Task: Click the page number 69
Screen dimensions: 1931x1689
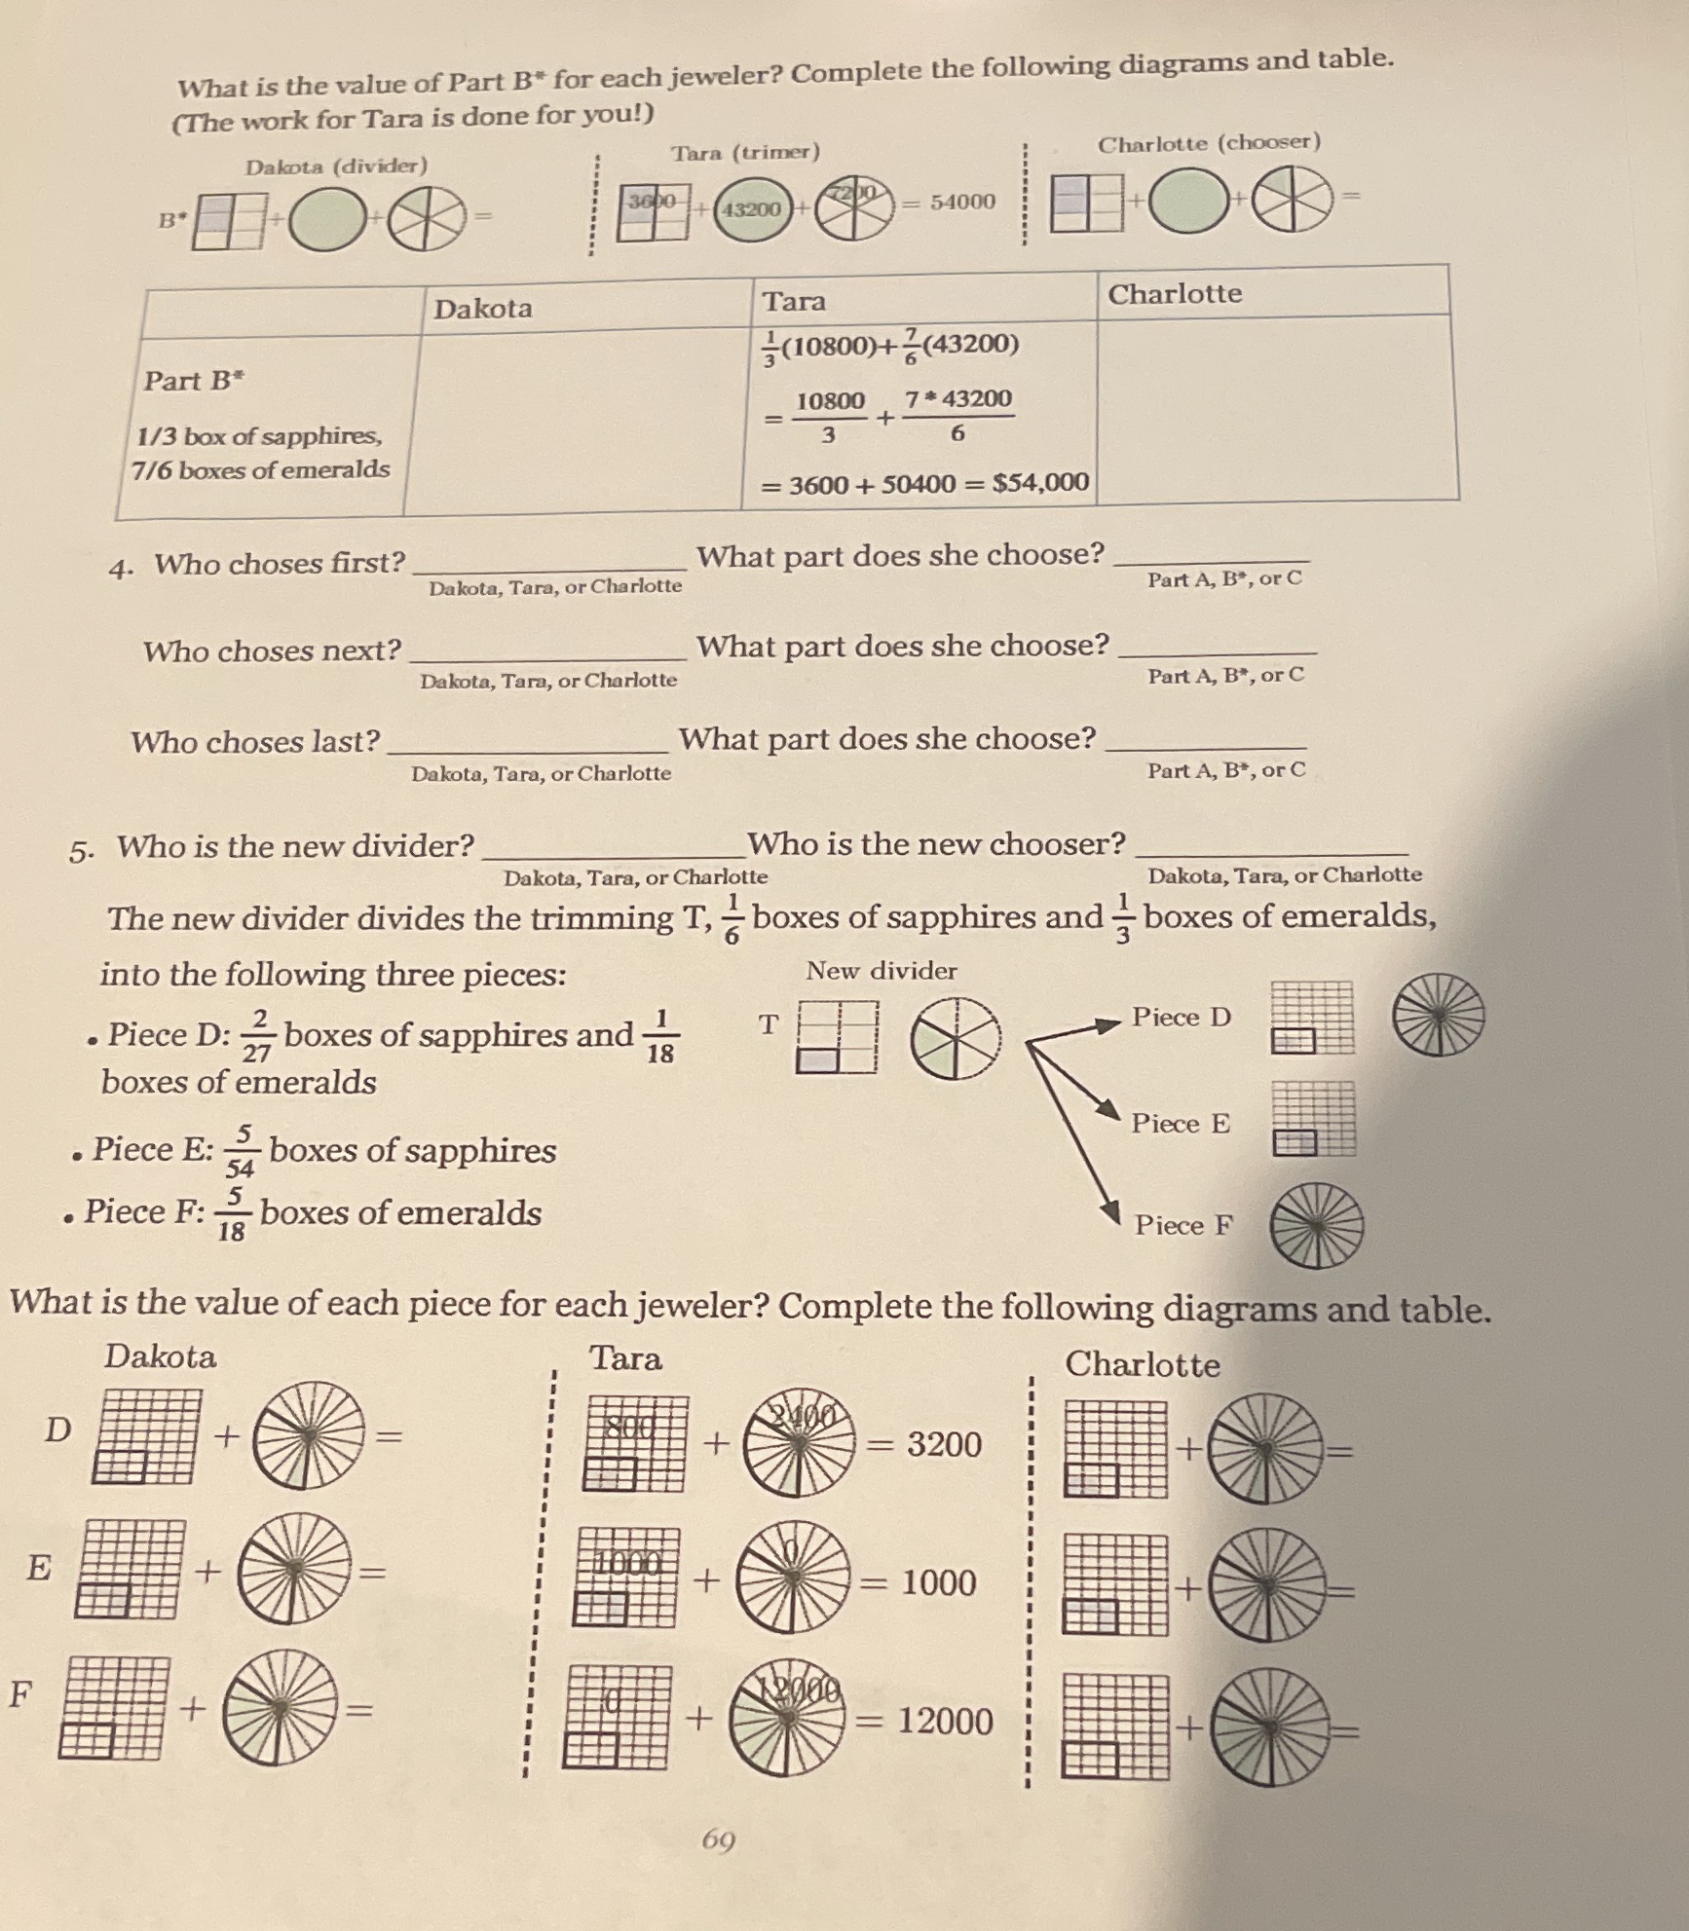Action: tap(719, 1839)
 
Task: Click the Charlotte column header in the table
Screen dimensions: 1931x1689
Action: tap(1175, 293)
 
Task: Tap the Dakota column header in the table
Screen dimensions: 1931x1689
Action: tap(483, 309)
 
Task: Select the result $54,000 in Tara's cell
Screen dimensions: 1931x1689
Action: tap(1040, 482)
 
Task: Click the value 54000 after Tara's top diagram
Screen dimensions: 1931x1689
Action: tap(962, 202)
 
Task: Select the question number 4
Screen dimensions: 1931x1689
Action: tap(120, 569)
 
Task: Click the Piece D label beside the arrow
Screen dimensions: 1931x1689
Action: tap(1181, 1017)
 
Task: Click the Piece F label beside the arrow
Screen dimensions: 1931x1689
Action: tap(1182, 1224)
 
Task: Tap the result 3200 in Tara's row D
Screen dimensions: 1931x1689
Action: tap(943, 1444)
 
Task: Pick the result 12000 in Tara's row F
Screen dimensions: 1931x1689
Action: tap(944, 1721)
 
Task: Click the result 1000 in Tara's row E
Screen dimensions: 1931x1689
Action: tap(938, 1582)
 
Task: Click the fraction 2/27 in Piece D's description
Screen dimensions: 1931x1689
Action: tap(257, 1035)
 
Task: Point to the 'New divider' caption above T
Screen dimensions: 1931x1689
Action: tap(881, 970)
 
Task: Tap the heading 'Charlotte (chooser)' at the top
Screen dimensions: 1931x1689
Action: tap(1209, 143)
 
